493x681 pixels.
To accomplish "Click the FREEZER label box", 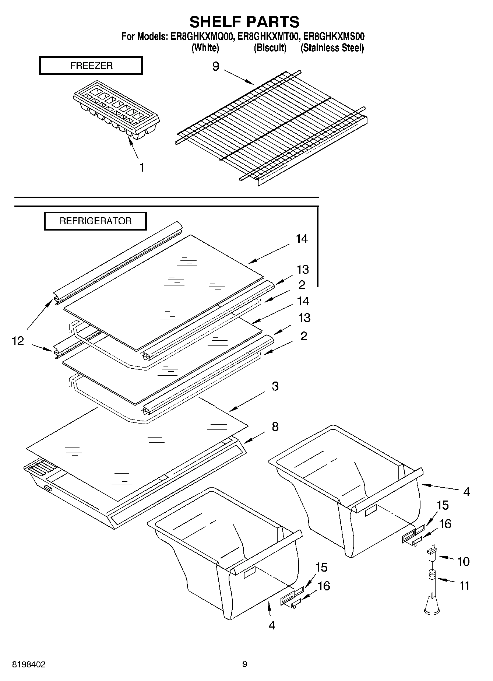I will coord(91,66).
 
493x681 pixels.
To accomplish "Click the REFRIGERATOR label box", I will coord(95,221).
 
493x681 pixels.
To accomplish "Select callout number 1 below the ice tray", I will coord(141,167).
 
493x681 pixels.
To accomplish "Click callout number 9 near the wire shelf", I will coord(216,66).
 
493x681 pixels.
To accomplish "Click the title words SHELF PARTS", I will coord(244,22).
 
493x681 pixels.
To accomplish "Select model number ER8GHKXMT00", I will coord(270,37).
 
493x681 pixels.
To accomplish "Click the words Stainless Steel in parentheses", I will coord(332,48).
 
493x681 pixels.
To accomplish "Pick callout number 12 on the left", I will coord(18,341).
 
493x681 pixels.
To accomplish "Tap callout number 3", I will coord(275,386).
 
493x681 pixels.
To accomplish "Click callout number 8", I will coord(275,426).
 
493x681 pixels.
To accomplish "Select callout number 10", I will coord(463,561).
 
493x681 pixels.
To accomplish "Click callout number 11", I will coord(465,585).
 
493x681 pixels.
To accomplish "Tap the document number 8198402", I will coord(29,664).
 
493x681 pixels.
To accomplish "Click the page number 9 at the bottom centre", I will coord(244,664).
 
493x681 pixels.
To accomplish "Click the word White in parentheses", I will coord(205,48).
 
